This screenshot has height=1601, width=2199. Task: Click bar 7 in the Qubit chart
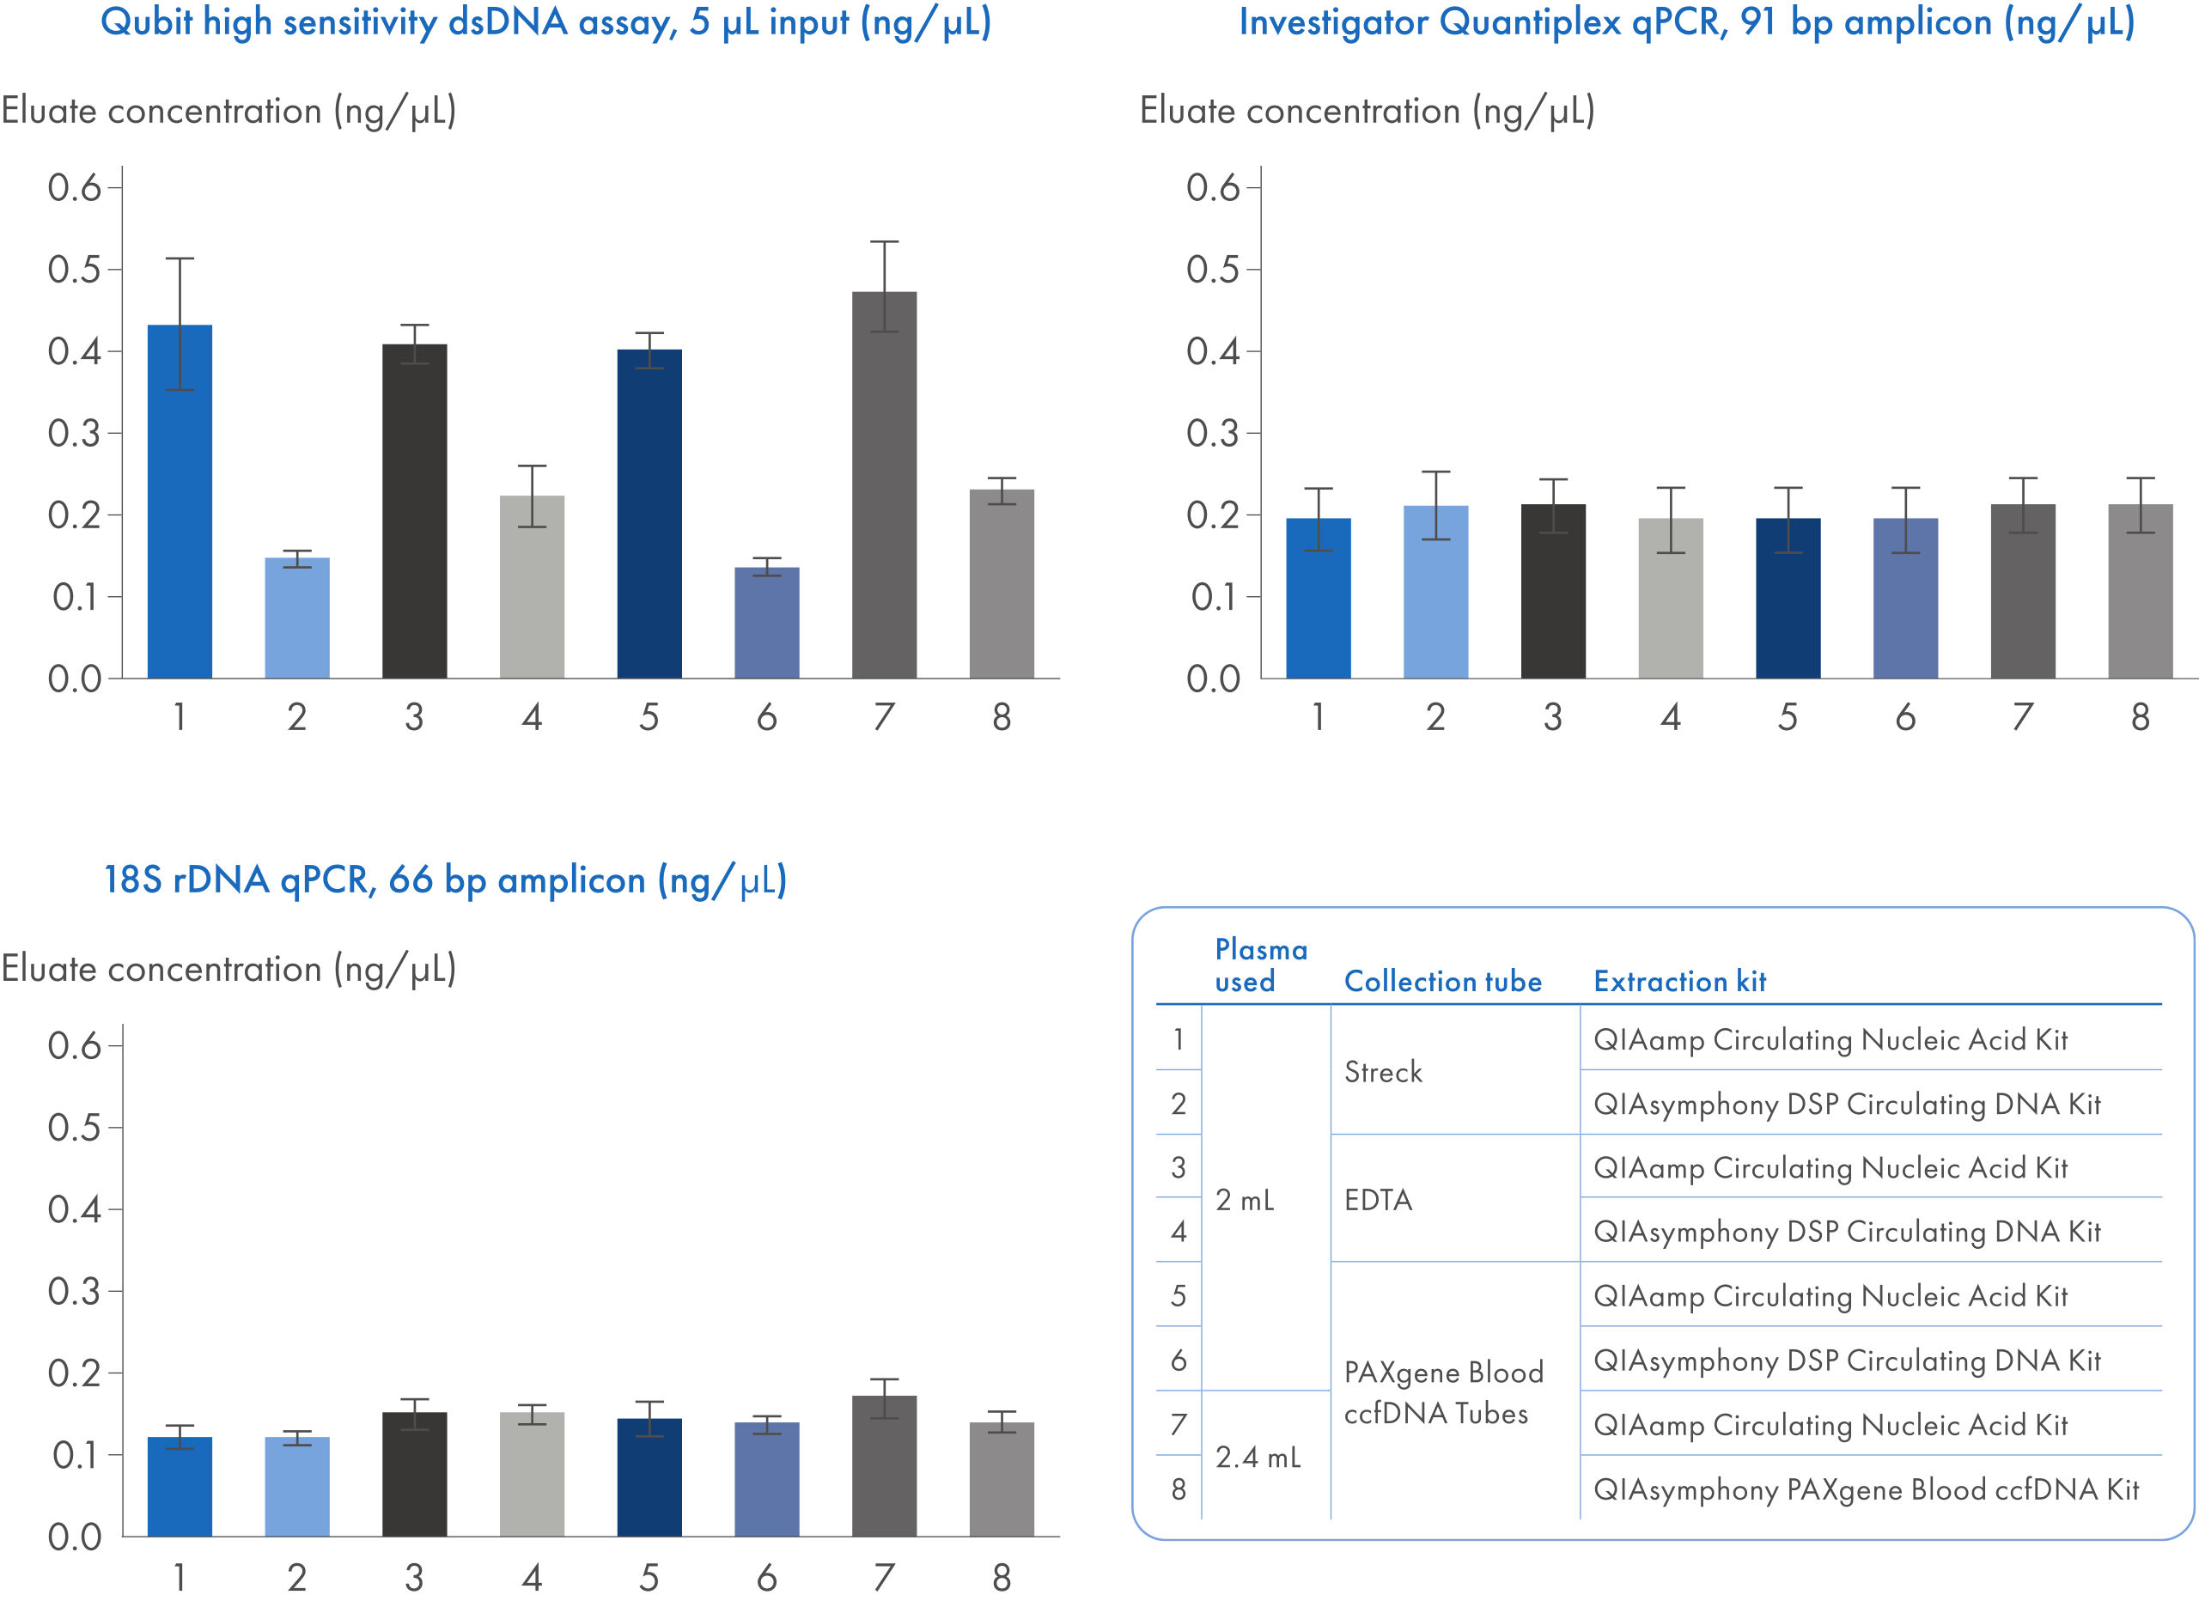(x=883, y=485)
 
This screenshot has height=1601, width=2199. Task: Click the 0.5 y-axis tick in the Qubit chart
(x=75, y=270)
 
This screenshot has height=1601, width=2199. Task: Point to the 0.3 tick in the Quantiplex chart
(x=1213, y=433)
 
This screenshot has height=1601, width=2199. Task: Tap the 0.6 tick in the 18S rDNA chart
(x=75, y=1045)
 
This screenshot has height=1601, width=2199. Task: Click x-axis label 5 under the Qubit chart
(x=649, y=717)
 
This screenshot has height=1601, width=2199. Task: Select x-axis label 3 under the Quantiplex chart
(x=1552, y=717)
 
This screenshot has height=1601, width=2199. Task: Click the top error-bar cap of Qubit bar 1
(x=180, y=259)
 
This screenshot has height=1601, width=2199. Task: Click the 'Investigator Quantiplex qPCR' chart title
(x=1686, y=22)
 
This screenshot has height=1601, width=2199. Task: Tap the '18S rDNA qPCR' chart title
(x=445, y=880)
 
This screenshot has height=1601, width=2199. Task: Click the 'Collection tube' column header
(x=1443, y=982)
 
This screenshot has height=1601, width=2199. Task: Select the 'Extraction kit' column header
(x=1679, y=982)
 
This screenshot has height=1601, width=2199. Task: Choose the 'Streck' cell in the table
(x=1383, y=1072)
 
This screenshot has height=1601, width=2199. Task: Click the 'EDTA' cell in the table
(x=1378, y=1200)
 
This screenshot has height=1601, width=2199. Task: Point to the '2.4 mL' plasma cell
(x=1258, y=1457)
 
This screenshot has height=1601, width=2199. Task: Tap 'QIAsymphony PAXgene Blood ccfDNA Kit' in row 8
(x=1866, y=1488)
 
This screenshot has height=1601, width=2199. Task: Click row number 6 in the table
(x=1178, y=1360)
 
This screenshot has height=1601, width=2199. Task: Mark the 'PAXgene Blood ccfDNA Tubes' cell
(x=1443, y=1392)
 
